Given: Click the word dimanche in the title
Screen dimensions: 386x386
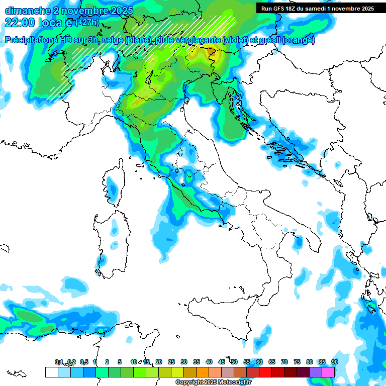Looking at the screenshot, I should coord(25,11).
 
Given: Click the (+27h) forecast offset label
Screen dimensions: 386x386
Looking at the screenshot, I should coord(87,23).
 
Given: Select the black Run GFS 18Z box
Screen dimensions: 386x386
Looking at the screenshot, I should coord(318,9).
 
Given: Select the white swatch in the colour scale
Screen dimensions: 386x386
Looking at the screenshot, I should coord(51,372).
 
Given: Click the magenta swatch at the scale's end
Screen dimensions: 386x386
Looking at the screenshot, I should coord(328,372).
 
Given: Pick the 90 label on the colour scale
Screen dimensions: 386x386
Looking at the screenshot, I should coord(334,362).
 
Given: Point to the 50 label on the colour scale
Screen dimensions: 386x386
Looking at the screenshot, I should coord(234,362).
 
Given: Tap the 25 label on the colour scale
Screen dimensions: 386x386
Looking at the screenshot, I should coord(171,362).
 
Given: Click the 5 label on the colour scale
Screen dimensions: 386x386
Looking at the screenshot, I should coord(120,362).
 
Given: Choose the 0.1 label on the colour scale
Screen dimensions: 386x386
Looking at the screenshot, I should coord(59,362).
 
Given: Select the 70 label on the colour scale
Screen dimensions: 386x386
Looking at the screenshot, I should coord(284,362).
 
